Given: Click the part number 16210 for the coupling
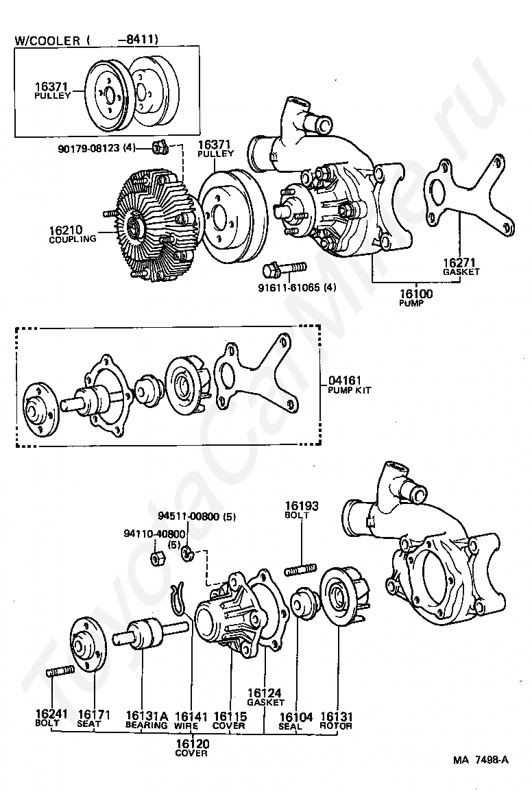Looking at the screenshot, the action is (x=66, y=230).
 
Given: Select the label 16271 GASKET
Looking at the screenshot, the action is (x=461, y=267).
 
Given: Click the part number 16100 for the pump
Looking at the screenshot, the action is (x=416, y=294).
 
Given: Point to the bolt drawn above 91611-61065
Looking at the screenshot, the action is (x=285, y=269).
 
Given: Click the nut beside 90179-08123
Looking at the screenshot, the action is (x=159, y=148).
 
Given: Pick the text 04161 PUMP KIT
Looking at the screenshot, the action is (x=349, y=385).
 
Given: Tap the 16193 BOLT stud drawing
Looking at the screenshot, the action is (x=301, y=570).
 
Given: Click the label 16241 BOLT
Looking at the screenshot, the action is (x=47, y=718).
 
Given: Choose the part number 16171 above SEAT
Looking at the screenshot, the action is (x=94, y=714).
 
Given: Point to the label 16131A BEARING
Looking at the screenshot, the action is (x=146, y=719).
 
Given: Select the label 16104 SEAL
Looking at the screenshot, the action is (x=296, y=721).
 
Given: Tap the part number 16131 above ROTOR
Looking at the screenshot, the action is (x=337, y=717).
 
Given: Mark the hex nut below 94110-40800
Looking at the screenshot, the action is (x=157, y=558).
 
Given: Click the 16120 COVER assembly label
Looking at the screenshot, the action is (x=192, y=747).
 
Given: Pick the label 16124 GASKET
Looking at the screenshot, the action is (x=265, y=697).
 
